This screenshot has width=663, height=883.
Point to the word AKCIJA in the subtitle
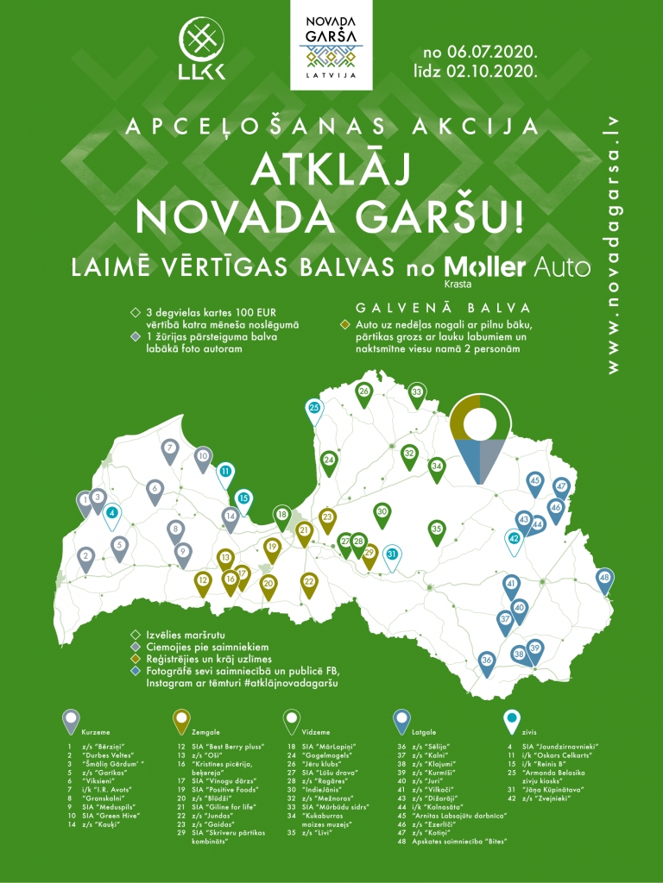492,127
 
